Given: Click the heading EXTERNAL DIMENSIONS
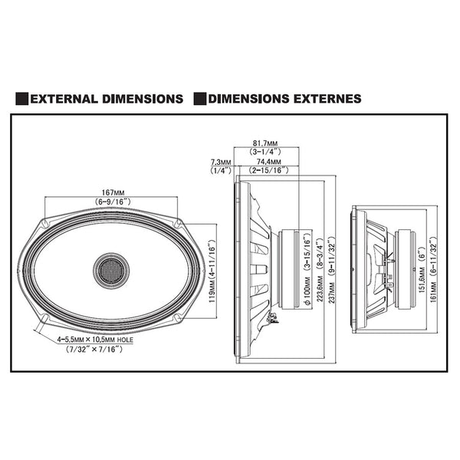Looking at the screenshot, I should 107,99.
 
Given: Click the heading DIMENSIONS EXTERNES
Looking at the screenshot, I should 284,99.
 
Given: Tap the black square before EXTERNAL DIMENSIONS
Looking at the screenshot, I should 23,99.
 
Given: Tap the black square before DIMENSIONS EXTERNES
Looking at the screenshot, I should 201,99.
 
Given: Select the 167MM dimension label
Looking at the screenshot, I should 112,192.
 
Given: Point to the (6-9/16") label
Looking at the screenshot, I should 112,201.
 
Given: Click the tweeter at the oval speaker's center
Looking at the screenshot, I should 112,270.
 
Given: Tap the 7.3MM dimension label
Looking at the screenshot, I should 221,163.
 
